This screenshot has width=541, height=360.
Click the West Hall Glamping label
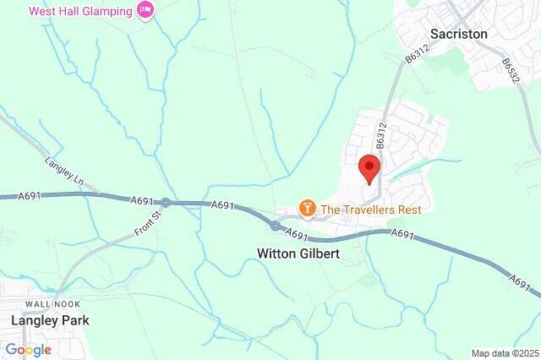[80, 11]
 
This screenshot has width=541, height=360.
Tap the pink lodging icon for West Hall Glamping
[145, 11]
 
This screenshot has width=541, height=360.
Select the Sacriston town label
[459, 34]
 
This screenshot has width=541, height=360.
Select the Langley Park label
[50, 320]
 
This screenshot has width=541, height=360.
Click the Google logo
[28, 349]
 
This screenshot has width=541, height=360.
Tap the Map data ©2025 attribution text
[504, 352]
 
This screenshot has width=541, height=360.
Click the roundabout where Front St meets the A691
[167, 203]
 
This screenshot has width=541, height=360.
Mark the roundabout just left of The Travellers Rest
[276, 226]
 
